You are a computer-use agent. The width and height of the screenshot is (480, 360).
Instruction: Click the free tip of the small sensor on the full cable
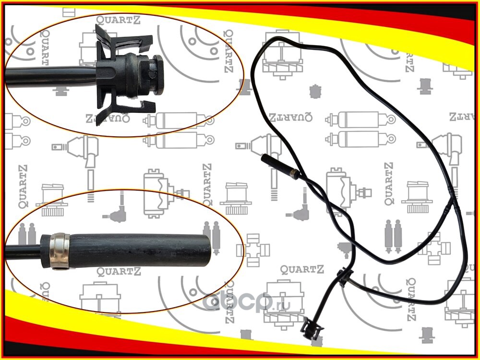click(x=263, y=158)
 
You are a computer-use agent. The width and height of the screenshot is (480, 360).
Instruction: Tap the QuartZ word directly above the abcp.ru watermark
click(x=298, y=270)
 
